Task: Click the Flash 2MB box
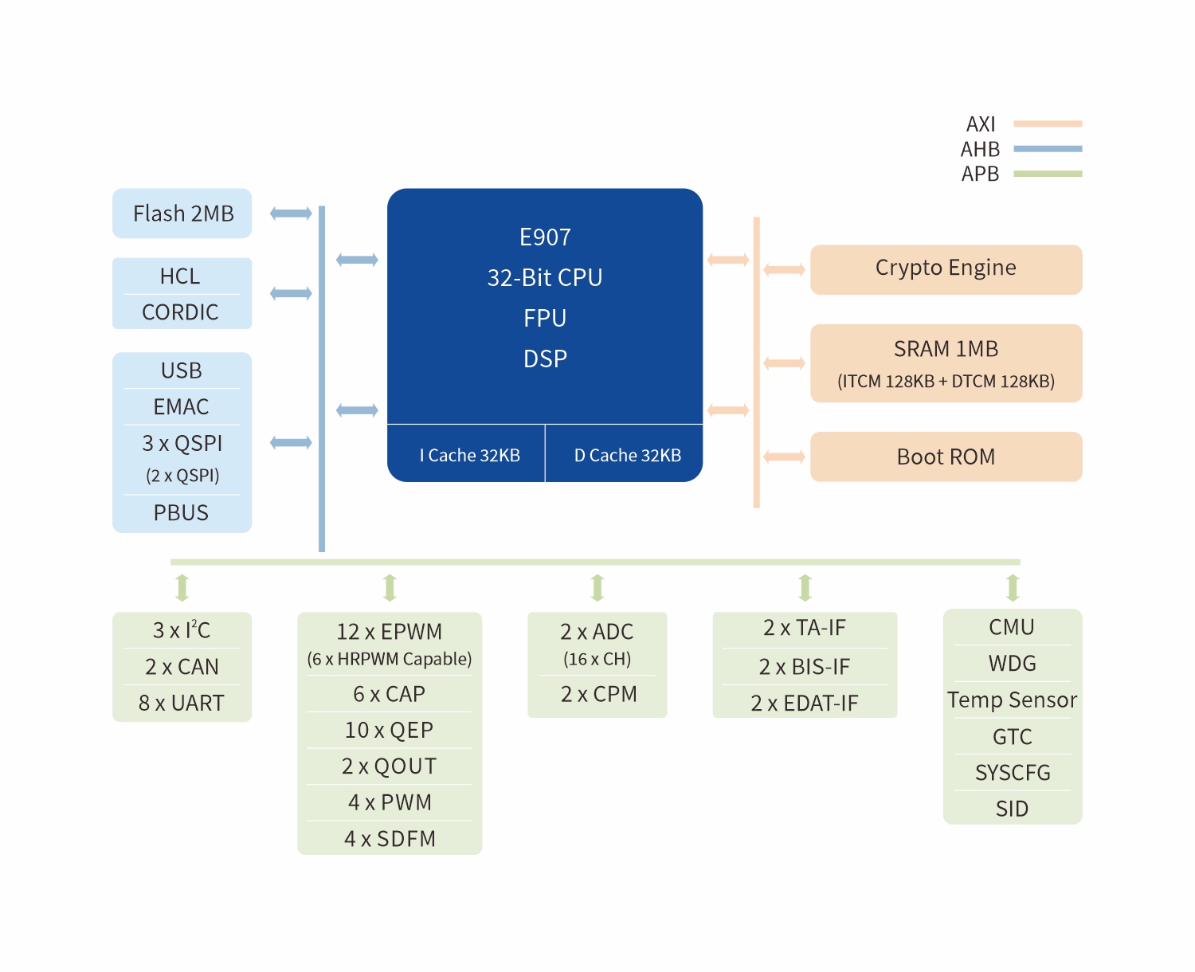(x=182, y=214)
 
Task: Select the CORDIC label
(x=180, y=312)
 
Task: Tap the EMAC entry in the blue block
(x=181, y=406)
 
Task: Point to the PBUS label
(x=181, y=512)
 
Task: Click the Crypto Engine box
(x=946, y=270)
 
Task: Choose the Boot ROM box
(x=946, y=457)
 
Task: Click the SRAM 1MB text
(x=946, y=349)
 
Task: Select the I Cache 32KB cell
(x=466, y=453)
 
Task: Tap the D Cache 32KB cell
(x=624, y=453)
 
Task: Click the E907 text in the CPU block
(x=545, y=237)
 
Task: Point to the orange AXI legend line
(x=1048, y=123)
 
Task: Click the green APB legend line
(x=1048, y=174)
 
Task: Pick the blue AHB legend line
(x=1048, y=149)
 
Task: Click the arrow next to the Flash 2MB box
(x=291, y=214)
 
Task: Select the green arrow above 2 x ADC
(x=597, y=588)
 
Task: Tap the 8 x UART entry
(x=181, y=703)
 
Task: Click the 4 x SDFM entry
(x=390, y=838)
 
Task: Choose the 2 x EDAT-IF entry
(x=805, y=703)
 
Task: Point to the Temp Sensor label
(x=1012, y=700)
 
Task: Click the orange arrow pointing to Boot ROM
(x=785, y=457)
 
